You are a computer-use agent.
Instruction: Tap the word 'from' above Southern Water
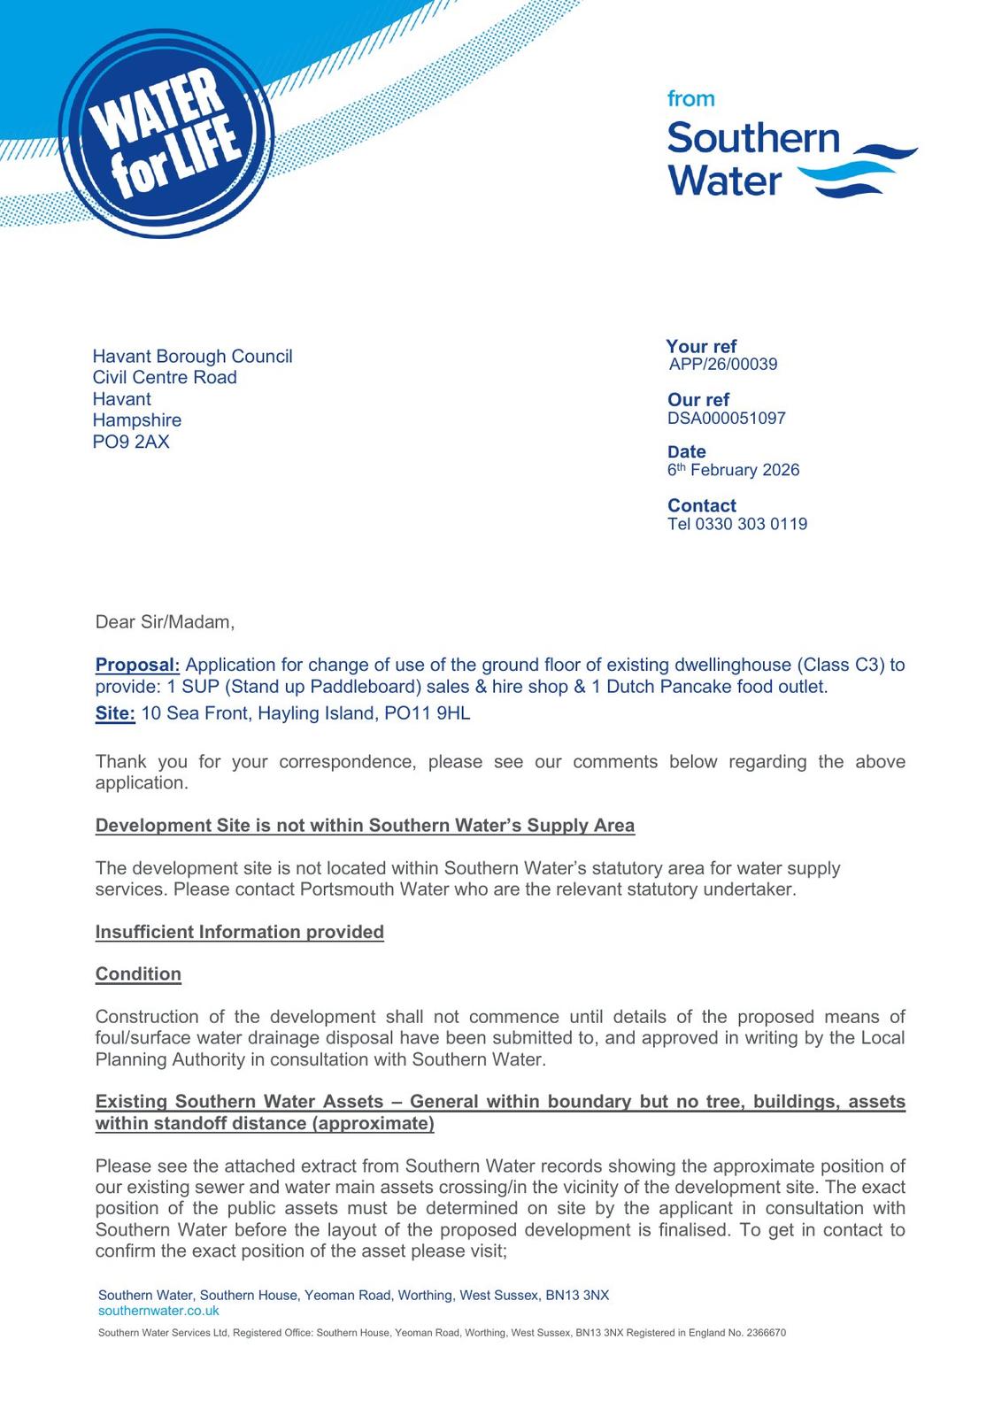point(690,99)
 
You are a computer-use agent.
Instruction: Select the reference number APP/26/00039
point(723,364)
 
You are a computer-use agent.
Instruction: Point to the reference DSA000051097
point(726,418)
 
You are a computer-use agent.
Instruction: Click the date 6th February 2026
point(733,470)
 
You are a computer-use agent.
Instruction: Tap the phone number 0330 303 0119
point(751,524)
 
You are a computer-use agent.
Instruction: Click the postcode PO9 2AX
point(131,442)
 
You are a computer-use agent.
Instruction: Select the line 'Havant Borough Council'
point(192,356)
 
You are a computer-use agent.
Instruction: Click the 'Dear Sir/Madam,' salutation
point(165,621)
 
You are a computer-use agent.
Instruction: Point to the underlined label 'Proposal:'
point(137,665)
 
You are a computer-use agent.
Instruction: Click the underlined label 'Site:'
point(115,713)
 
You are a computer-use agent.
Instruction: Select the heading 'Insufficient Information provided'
point(239,932)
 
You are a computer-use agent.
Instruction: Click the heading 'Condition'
point(138,973)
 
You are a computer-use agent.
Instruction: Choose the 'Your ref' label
point(701,346)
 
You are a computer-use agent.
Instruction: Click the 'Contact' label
point(702,505)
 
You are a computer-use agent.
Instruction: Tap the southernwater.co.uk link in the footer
point(158,1311)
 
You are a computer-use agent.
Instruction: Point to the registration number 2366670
point(766,1332)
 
